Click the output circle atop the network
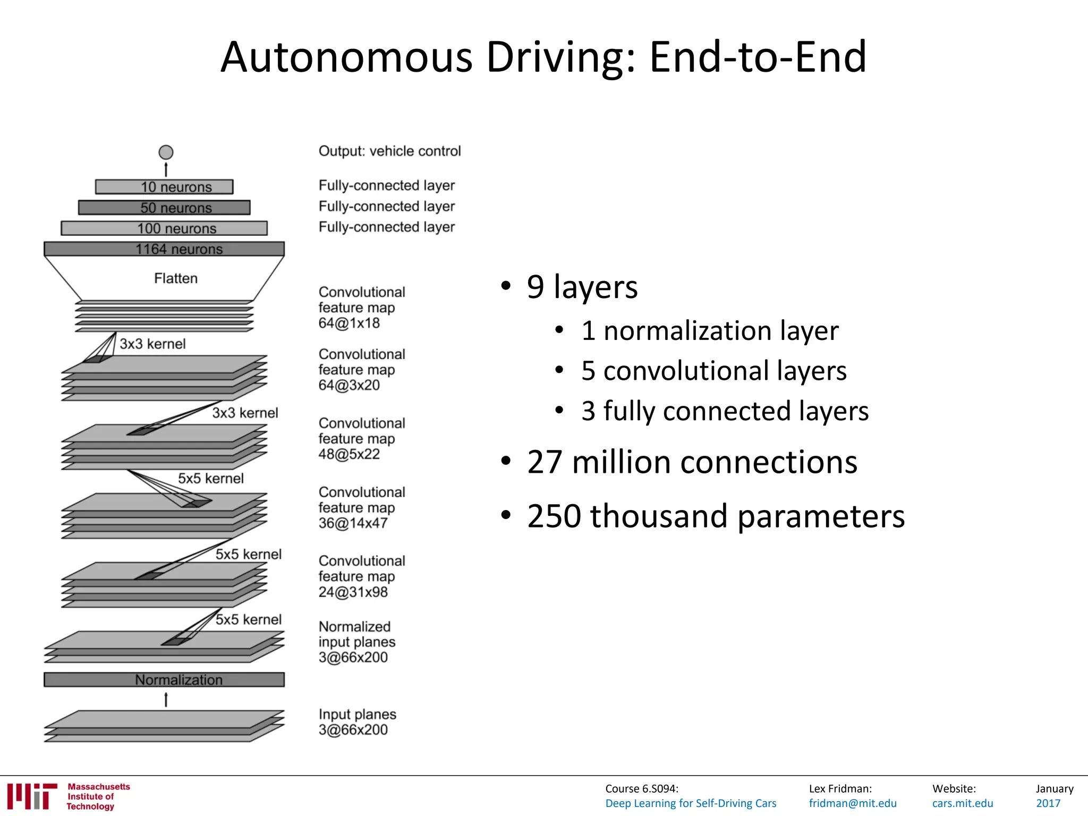[x=166, y=152]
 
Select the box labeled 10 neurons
[x=164, y=187]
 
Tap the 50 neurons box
[x=164, y=208]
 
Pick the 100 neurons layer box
[x=164, y=228]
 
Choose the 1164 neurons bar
[x=164, y=249]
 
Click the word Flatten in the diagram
[x=176, y=278]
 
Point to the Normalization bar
[x=164, y=680]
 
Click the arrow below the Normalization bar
[x=166, y=700]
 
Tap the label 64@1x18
[x=349, y=323]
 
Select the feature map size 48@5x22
[x=349, y=454]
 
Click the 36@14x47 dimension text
[x=353, y=523]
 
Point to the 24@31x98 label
[x=353, y=592]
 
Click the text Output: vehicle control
[x=389, y=151]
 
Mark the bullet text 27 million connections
[x=692, y=462]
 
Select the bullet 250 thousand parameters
[x=716, y=516]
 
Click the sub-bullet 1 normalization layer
[x=710, y=331]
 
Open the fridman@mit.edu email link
[x=853, y=803]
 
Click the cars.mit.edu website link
[x=963, y=803]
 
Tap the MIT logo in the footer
[x=32, y=796]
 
